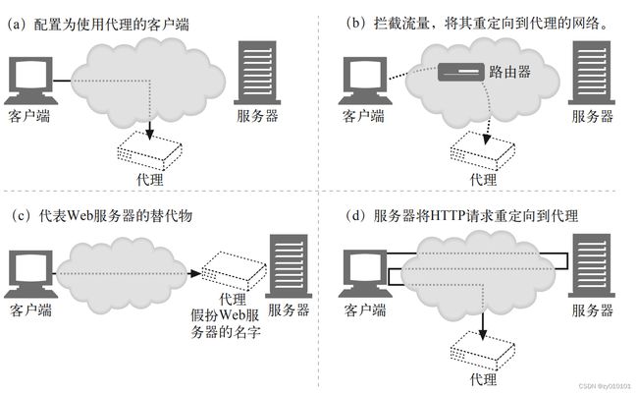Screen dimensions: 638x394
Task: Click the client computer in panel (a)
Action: click(31, 81)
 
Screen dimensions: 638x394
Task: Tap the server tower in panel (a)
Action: click(257, 73)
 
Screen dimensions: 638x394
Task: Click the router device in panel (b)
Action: click(461, 72)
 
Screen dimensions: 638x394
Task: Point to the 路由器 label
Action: click(509, 72)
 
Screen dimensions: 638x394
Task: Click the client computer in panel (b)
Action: click(365, 81)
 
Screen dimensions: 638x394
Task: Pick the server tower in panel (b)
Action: click(592, 73)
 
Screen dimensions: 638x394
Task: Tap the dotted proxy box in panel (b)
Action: click(483, 150)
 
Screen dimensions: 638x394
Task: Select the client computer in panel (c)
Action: click(31, 274)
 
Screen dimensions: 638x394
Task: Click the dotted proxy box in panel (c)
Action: click(234, 270)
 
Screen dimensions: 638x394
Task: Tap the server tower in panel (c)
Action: click(289, 265)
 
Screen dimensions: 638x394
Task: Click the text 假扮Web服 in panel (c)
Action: click(225, 315)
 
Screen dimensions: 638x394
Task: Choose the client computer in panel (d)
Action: click(365, 274)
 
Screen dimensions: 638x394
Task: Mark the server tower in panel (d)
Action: click(592, 265)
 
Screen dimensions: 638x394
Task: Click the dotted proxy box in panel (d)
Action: click(483, 350)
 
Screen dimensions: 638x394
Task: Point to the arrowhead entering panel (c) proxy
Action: click(195, 273)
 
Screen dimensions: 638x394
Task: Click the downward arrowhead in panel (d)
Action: click(483, 334)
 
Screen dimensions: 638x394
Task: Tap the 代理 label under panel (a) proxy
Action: click(150, 179)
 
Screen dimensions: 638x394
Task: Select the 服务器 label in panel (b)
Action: click(592, 116)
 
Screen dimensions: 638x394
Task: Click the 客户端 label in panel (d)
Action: click(365, 310)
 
